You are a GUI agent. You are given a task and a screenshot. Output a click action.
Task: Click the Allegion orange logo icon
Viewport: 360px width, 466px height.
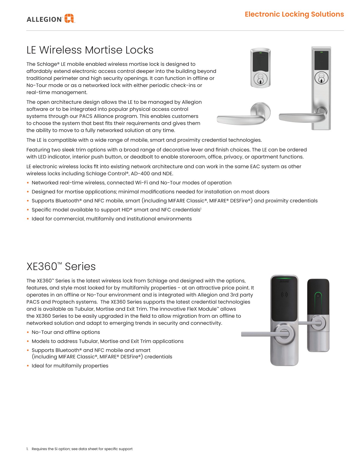[x=69, y=19]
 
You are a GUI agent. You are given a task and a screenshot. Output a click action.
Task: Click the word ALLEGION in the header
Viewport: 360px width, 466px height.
[x=44, y=20]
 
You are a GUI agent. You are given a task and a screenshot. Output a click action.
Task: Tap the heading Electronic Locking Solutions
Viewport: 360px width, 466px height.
[x=294, y=14]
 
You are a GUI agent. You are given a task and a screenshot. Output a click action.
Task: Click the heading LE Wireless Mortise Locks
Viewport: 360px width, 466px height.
[x=90, y=50]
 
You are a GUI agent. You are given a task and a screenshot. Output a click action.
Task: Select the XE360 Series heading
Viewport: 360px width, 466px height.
[x=61, y=267]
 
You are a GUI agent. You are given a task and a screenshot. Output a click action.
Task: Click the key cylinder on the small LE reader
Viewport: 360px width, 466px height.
[x=260, y=79]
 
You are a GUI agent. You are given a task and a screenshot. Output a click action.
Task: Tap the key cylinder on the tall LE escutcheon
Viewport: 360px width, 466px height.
[x=321, y=78]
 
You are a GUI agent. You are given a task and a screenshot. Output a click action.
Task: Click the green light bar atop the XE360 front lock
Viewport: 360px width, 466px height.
[x=284, y=277]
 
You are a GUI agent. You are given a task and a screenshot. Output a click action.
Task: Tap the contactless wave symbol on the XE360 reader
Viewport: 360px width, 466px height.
[x=284, y=294]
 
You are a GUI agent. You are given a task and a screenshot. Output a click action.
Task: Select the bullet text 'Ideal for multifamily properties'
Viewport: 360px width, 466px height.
[x=70, y=366]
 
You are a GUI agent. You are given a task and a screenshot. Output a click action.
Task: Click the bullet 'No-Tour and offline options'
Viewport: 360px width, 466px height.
[x=66, y=332]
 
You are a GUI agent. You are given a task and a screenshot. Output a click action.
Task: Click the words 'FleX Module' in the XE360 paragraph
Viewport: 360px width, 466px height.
[x=202, y=309]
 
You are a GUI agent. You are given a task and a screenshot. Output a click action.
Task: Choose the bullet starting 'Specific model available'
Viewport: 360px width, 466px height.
[x=116, y=210]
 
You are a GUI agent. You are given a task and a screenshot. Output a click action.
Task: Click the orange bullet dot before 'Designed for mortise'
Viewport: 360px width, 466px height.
[x=28, y=192]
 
